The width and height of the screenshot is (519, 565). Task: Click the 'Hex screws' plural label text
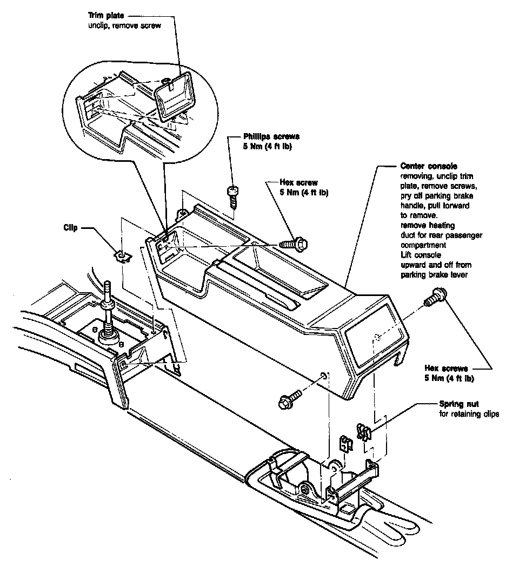(446, 369)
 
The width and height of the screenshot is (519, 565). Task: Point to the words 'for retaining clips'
(468, 415)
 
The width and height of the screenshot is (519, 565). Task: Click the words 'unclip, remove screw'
(124, 25)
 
